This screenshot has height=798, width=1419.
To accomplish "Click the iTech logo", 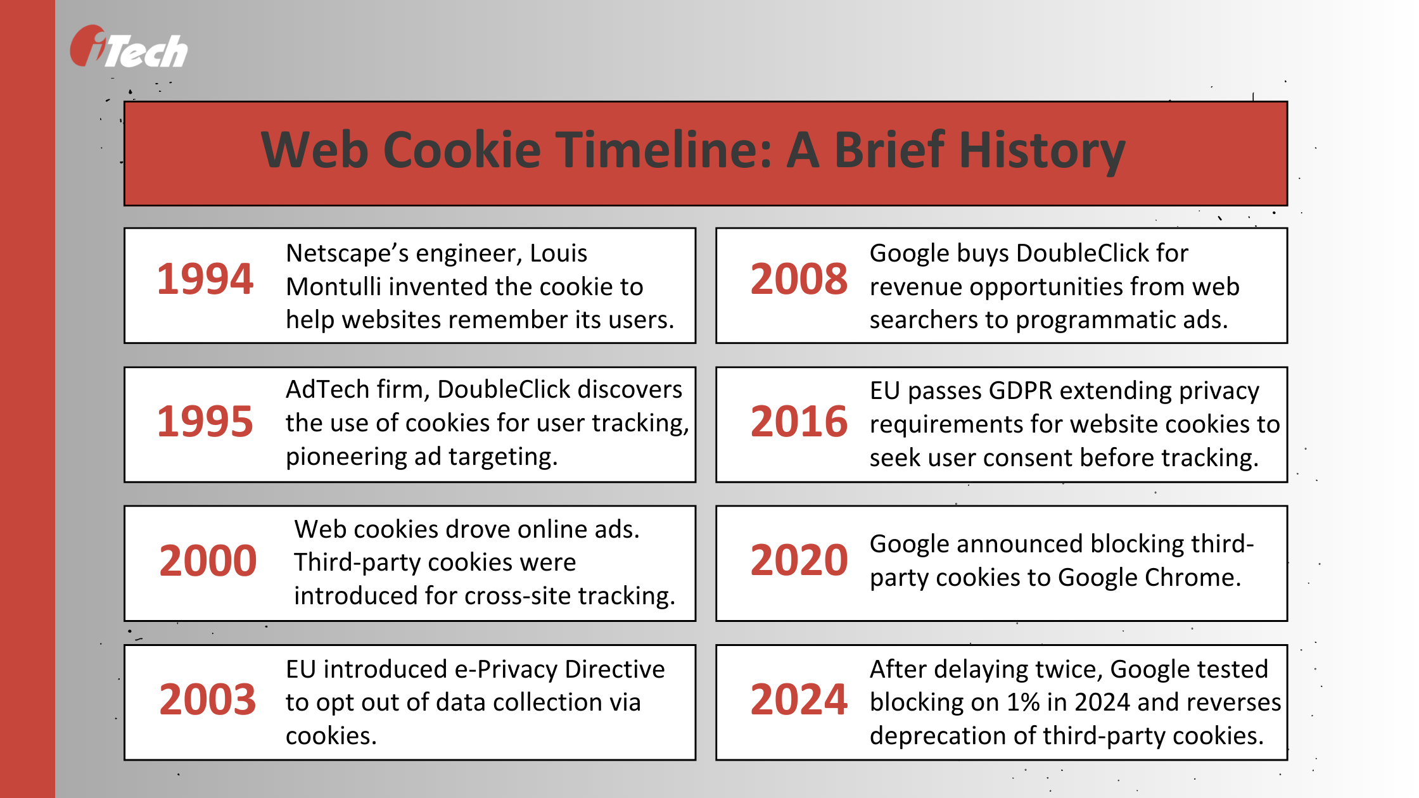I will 129,48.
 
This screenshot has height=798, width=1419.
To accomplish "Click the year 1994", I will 205,279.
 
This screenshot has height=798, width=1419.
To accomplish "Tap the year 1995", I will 205,422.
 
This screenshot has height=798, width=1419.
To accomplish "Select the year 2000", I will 208,561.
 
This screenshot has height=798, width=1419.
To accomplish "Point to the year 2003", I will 208,700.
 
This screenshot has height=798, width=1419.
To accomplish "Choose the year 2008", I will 799,279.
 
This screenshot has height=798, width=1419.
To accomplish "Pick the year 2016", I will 799,422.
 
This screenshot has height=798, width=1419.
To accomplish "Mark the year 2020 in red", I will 799,560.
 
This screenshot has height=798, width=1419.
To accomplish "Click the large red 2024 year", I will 799,700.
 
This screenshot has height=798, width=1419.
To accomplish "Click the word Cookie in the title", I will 462,151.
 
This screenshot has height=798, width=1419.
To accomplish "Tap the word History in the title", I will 1042,151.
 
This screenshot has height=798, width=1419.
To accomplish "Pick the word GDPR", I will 1020,391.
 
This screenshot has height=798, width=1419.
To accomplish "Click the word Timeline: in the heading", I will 665,151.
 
